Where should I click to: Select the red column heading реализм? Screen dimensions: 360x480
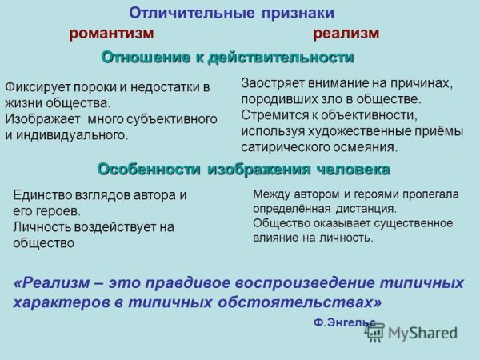point(346,34)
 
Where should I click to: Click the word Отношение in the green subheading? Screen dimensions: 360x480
point(142,58)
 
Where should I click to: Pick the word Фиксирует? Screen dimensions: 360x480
point(35,87)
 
